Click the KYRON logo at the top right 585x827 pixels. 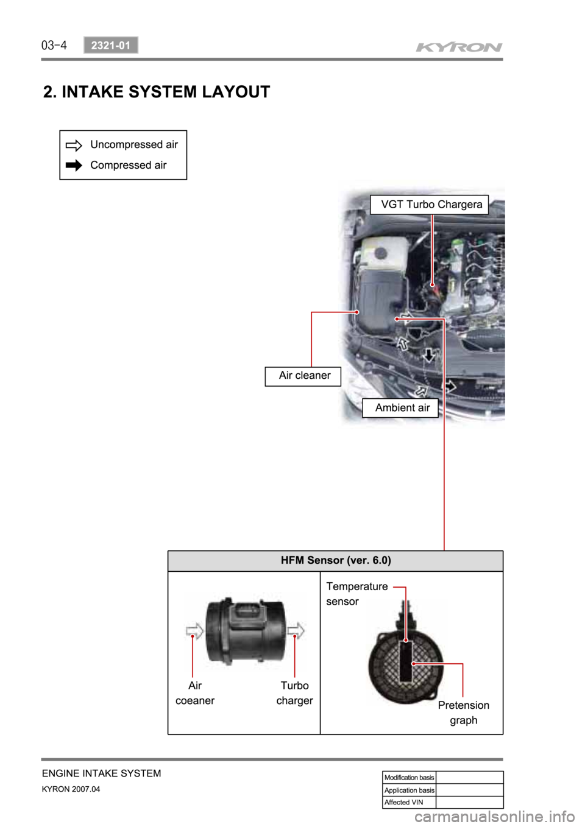(x=459, y=47)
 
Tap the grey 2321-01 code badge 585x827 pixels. (x=111, y=45)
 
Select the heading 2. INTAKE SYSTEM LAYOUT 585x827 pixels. (x=157, y=92)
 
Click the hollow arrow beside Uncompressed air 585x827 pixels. (x=74, y=146)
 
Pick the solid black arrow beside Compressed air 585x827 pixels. (x=74, y=166)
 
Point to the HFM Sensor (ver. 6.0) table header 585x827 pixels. (x=335, y=560)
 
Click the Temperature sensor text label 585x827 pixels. (x=356, y=594)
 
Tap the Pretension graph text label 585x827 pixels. (x=463, y=713)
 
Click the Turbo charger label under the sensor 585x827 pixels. (x=295, y=693)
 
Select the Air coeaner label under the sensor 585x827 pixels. (x=195, y=693)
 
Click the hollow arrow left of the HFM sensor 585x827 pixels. (x=194, y=630)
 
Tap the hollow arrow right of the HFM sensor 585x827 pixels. (x=296, y=630)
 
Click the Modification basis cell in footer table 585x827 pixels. (x=409, y=778)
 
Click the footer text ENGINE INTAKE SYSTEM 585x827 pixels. (x=102, y=773)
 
